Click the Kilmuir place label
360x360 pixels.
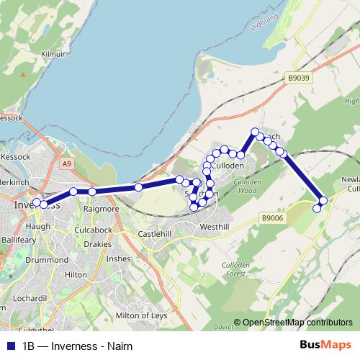tap(53, 53)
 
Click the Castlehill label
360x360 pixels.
tap(154, 234)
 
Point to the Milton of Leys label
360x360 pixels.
tap(143, 315)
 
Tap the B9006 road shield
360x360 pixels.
tap(273, 217)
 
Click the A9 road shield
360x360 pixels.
tap(67, 164)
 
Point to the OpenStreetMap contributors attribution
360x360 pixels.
tap(297, 323)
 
